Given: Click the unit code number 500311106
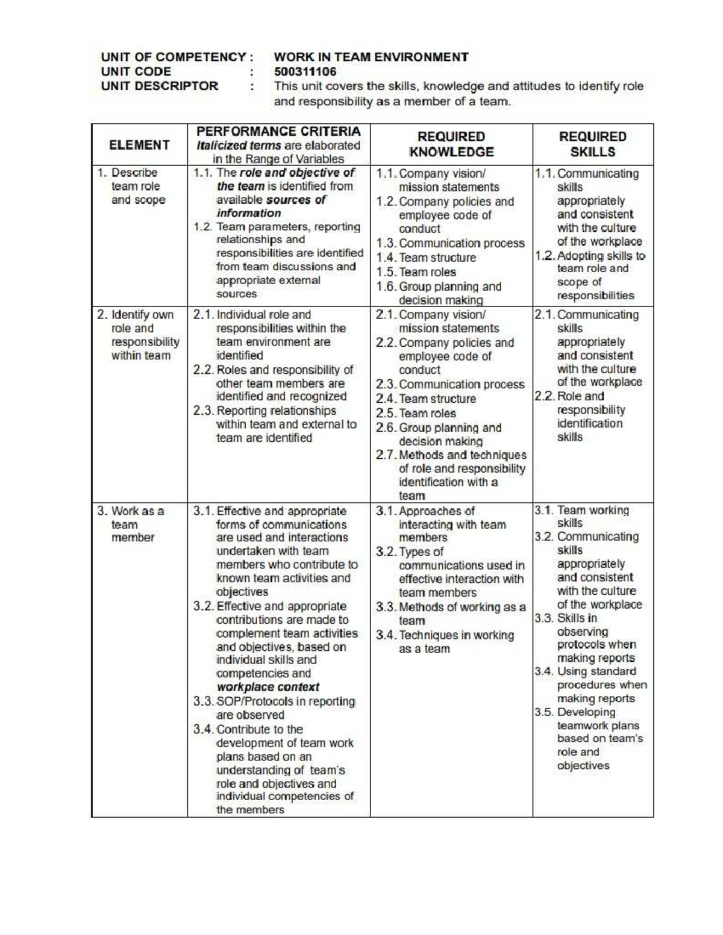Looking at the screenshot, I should pos(305,72).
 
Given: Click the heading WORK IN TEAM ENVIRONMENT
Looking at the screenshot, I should pos(371,57).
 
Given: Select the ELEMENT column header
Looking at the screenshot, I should pos(139,145).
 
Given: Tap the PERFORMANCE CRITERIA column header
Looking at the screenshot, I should pos(278,131).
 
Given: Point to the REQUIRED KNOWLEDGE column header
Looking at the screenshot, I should pos(451,144).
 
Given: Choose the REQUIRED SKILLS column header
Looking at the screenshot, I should pos(593,144).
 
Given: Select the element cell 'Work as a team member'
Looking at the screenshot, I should pos(133,524).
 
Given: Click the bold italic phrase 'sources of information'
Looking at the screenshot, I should pos(271,207).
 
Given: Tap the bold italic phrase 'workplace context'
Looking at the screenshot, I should pos(268,687).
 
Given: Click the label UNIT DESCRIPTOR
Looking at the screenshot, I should pos(160,86).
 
